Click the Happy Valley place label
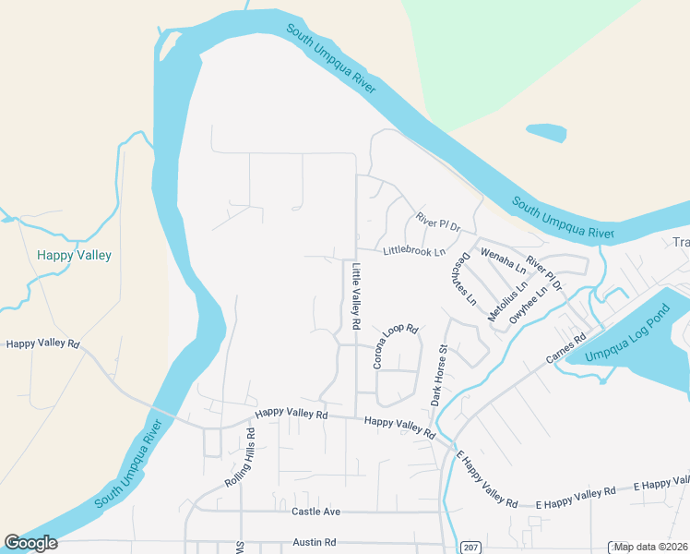[74, 255]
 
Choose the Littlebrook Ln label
[414, 250]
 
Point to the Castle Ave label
[316, 512]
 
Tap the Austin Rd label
[314, 543]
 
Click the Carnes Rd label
[566, 348]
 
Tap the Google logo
[30, 543]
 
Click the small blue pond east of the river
[545, 134]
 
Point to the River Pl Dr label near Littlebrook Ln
[437, 223]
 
